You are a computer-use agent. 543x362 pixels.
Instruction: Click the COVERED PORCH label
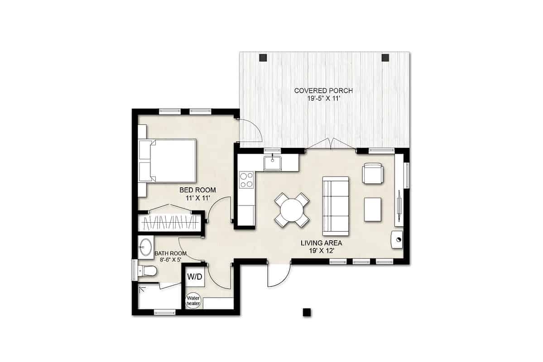(323, 90)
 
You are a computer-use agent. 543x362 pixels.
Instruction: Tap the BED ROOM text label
(197, 190)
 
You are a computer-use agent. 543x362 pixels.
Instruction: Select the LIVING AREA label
(321, 243)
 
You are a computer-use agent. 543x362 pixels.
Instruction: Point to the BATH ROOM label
(170, 253)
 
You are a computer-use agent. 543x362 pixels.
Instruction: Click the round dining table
(292, 210)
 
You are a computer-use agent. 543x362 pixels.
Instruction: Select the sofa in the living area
(336, 206)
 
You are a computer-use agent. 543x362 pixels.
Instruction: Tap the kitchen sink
(273, 162)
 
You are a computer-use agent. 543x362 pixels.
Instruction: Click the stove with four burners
(247, 180)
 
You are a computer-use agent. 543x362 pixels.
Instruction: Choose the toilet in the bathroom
(148, 271)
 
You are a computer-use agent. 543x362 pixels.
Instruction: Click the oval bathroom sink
(146, 248)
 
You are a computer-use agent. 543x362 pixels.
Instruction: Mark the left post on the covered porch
(263, 57)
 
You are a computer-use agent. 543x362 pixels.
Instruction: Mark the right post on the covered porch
(385, 57)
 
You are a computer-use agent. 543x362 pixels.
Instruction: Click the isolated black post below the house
(307, 312)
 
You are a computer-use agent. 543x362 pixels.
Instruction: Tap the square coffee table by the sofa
(373, 210)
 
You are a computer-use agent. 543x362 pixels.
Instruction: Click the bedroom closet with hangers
(169, 222)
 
